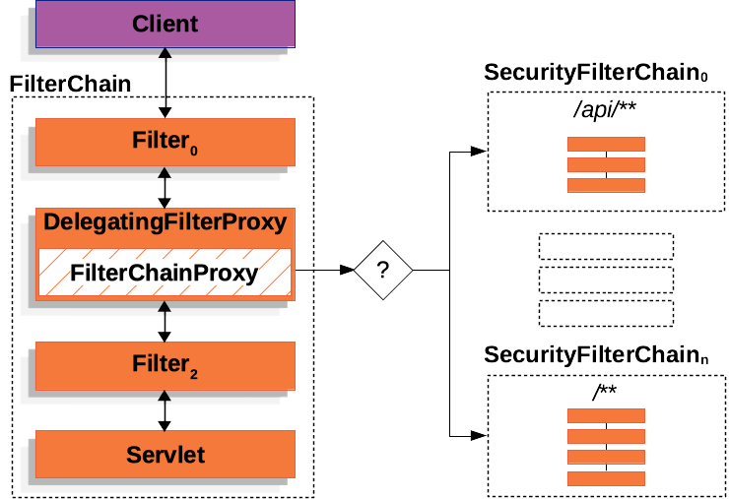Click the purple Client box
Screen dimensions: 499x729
(165, 24)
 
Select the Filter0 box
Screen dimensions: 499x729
(165, 142)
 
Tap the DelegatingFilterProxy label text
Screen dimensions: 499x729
(165, 222)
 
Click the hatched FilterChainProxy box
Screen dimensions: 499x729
(165, 273)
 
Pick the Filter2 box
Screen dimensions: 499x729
(165, 365)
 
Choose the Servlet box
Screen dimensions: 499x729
(165, 454)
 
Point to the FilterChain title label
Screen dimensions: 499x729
(70, 84)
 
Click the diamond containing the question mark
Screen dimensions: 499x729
(383, 270)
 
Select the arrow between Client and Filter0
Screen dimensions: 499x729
(165, 84)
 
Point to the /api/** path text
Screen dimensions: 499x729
(605, 112)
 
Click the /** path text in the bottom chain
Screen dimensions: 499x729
(605, 393)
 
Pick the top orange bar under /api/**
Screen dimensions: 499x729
(605, 144)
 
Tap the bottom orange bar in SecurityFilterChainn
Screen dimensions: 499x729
(605, 478)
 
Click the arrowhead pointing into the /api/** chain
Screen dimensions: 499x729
(478, 152)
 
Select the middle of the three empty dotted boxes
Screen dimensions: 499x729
(606, 279)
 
